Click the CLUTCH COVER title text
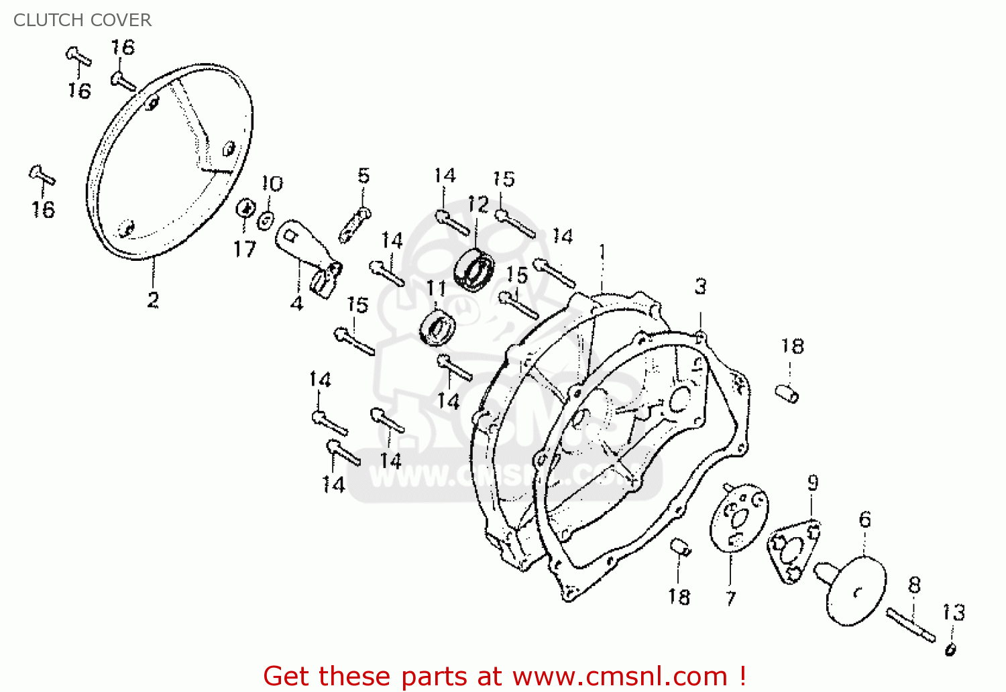(x=82, y=20)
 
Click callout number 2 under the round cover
(x=153, y=300)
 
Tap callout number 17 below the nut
(x=244, y=249)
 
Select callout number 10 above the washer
(x=272, y=184)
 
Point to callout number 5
(x=363, y=176)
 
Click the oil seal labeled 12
(x=474, y=269)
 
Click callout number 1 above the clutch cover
(x=602, y=253)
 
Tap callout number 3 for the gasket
(x=700, y=287)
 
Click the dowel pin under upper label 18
(x=787, y=393)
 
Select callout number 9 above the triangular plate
(x=812, y=483)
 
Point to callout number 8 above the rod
(x=914, y=585)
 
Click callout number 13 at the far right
(x=953, y=612)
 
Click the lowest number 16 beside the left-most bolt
(x=43, y=210)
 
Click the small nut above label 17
(x=245, y=209)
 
